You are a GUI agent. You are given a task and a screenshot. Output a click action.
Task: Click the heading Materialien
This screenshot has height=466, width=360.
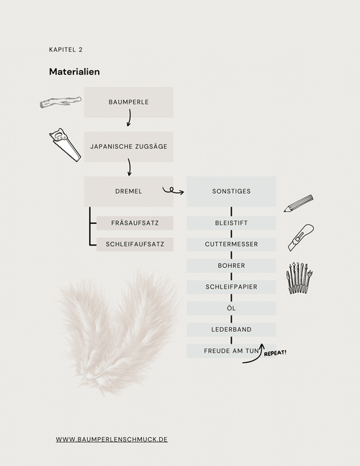(x=74, y=72)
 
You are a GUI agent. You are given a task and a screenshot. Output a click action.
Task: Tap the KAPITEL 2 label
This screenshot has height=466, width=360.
(x=66, y=50)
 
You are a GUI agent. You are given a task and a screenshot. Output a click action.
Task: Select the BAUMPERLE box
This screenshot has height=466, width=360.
(x=129, y=102)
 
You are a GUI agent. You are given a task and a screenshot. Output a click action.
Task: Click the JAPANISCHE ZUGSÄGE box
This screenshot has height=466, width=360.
(x=129, y=147)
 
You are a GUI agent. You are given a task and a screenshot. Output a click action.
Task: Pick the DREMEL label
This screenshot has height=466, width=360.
(x=129, y=192)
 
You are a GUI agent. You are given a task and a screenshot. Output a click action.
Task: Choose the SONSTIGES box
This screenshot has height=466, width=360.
(x=231, y=192)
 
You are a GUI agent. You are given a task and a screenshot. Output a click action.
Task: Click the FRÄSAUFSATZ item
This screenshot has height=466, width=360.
(x=135, y=223)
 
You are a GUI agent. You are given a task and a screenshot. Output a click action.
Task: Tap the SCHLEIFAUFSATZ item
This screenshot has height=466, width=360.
(x=135, y=244)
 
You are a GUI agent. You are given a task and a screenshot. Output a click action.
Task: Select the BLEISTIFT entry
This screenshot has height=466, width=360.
(x=231, y=223)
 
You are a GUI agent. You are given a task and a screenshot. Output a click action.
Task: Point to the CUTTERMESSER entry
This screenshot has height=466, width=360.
(x=231, y=244)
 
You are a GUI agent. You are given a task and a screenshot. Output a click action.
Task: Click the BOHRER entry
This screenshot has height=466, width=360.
(x=231, y=266)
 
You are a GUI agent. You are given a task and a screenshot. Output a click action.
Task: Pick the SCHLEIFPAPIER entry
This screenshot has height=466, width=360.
(x=231, y=287)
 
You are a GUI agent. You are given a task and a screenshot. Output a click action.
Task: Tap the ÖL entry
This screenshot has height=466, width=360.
(x=231, y=308)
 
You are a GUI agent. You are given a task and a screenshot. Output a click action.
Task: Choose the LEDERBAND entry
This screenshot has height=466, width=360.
(x=231, y=330)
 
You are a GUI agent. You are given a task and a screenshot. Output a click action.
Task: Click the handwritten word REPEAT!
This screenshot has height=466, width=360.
(x=275, y=353)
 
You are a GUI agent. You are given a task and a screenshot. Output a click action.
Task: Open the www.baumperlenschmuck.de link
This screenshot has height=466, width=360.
(x=112, y=439)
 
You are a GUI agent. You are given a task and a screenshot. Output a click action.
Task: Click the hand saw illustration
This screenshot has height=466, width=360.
(x=65, y=145)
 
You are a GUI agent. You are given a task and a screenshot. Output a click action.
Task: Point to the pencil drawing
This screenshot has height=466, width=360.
(x=299, y=204)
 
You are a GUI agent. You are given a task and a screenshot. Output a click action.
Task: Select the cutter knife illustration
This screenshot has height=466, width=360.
(x=301, y=238)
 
